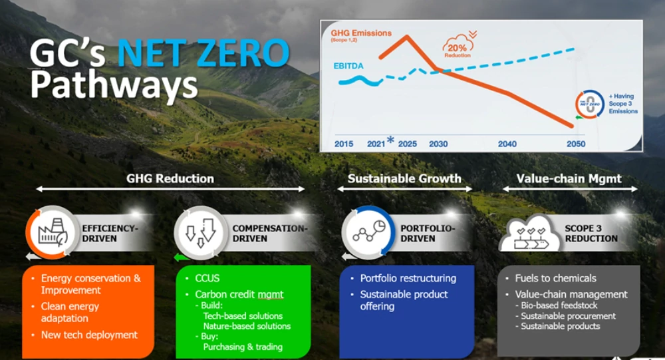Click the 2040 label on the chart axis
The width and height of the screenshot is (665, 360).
tap(507, 144)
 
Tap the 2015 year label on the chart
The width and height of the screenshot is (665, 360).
tap(344, 144)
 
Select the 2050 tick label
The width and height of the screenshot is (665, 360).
tap(575, 144)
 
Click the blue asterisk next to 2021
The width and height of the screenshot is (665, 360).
tap(390, 140)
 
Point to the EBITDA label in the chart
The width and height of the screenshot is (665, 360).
tap(348, 66)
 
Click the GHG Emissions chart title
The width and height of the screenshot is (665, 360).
tap(361, 33)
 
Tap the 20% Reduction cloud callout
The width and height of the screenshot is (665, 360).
tap(458, 47)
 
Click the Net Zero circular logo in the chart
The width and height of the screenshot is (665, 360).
tap(589, 104)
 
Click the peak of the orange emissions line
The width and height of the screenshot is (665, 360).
tap(407, 36)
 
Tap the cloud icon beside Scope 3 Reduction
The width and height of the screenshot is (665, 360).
tap(530, 234)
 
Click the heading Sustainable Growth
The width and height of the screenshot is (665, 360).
tap(404, 179)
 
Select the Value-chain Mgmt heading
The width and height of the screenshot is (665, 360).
tap(569, 179)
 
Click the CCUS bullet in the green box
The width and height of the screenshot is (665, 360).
tap(207, 278)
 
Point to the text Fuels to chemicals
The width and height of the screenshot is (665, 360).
tap(555, 278)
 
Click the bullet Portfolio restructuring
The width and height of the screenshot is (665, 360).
tap(408, 278)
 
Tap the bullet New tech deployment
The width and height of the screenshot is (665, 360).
tap(89, 335)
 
